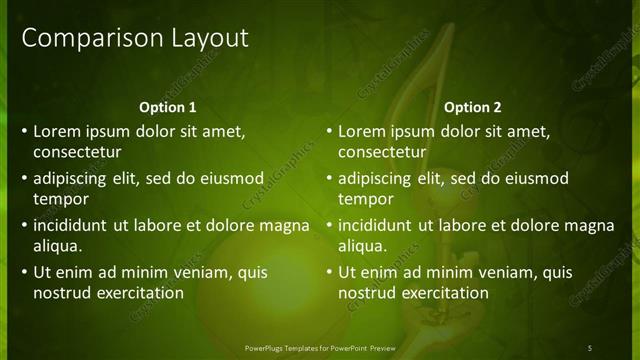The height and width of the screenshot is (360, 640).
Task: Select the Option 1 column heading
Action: [x=167, y=107]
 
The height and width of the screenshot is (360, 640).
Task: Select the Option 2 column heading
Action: [x=473, y=107]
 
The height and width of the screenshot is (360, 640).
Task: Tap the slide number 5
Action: [x=589, y=347]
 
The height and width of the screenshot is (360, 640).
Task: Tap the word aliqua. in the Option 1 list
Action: [x=57, y=246]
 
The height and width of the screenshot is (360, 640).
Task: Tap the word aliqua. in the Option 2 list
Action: [x=362, y=246]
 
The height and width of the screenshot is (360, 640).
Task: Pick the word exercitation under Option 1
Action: [x=140, y=293]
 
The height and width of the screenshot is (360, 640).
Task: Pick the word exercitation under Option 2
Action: [x=446, y=293]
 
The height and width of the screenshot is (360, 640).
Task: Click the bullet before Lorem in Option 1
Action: [x=23, y=131]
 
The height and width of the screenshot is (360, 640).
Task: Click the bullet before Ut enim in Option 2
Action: [x=328, y=272]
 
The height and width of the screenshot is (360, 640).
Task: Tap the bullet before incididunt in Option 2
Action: [x=328, y=225]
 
